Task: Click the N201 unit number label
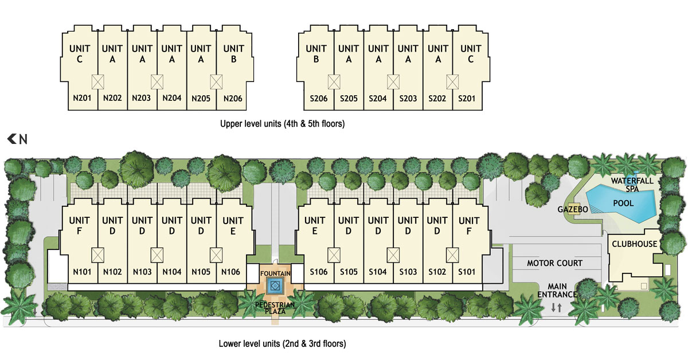coord(82,98)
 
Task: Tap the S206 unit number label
coord(319,99)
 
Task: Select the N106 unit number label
coord(230,272)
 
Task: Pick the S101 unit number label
coord(467,272)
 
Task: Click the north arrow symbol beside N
coord(11,139)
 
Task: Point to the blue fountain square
coord(275,286)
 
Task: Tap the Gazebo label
coord(573,209)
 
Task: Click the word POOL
coord(623,203)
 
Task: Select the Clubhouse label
coord(634,244)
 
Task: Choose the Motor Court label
coord(555,263)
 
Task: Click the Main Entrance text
coord(557,291)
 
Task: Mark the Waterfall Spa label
coord(632,185)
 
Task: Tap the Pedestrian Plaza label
coord(275,308)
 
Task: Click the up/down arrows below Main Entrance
coord(556,307)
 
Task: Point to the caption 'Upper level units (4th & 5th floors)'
coord(282,124)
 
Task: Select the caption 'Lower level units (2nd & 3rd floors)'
coord(282,343)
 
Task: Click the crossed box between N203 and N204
coord(157,82)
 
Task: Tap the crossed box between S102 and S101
coord(452,255)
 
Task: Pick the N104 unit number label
coord(171,272)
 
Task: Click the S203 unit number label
coord(408,99)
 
